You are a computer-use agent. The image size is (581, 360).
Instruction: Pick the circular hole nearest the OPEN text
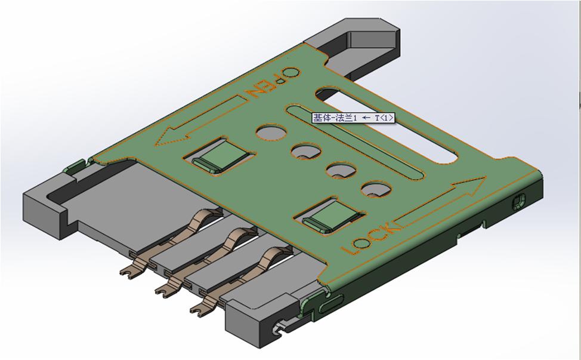pos(271,131)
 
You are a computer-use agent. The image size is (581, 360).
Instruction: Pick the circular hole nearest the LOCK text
pos(374,189)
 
